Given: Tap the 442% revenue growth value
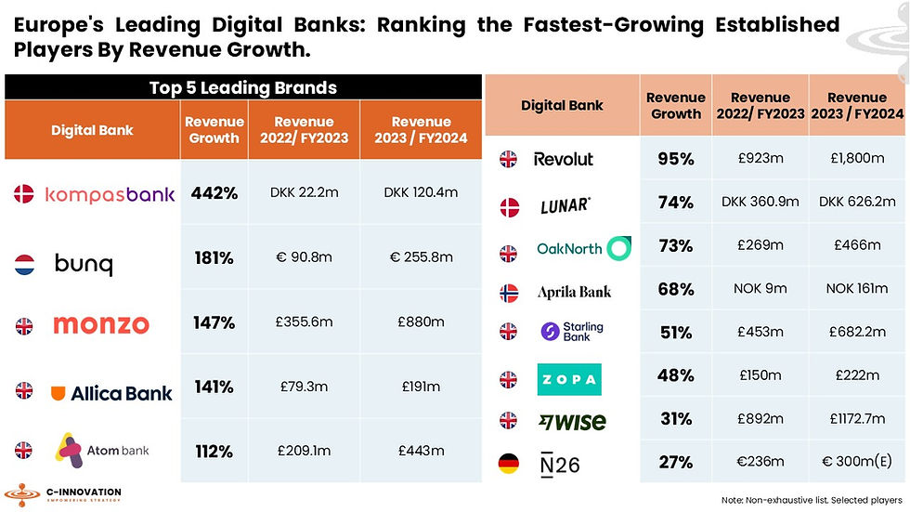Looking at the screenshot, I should (x=214, y=194).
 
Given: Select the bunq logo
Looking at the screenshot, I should (x=84, y=265).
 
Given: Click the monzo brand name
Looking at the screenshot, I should (x=100, y=324).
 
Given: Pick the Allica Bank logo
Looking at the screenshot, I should (x=110, y=392).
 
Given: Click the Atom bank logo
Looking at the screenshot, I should (x=102, y=451).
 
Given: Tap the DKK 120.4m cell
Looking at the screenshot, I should (x=421, y=193).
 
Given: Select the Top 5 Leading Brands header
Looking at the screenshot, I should (x=242, y=88).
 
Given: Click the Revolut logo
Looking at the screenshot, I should (x=563, y=159).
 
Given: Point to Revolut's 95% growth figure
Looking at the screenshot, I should (x=675, y=159).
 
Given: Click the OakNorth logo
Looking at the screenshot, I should (x=583, y=248).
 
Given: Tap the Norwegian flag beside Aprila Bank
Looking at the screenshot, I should (x=508, y=292).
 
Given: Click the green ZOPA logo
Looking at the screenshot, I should (x=569, y=379).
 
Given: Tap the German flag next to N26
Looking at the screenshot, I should (x=508, y=463).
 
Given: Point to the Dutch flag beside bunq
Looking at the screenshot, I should (x=25, y=265).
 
